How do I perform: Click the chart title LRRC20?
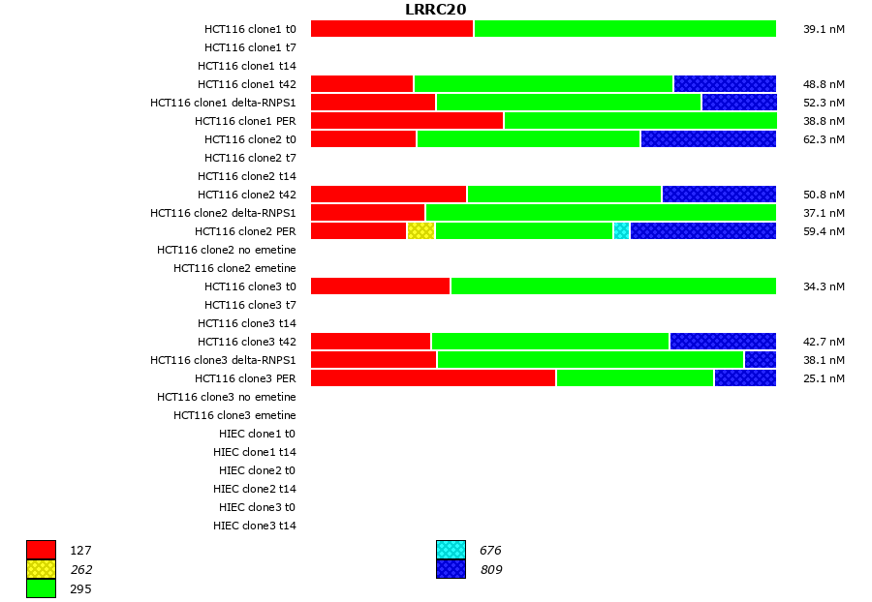[435, 10]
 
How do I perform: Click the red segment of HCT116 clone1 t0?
[391, 29]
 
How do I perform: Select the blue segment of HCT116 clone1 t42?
[725, 84]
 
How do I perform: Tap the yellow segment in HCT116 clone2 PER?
[420, 231]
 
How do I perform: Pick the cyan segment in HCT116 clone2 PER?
[621, 231]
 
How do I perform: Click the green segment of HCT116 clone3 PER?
[635, 378]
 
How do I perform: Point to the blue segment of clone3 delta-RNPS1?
[760, 360]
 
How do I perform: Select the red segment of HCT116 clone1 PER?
[407, 121]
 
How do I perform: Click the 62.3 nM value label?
[824, 139]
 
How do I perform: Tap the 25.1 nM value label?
[824, 378]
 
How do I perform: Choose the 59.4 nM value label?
[824, 231]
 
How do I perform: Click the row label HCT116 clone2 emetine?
[234, 268]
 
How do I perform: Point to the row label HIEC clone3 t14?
[255, 526]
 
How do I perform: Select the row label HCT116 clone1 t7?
[250, 47]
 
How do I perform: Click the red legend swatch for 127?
[41, 551]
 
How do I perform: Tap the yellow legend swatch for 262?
[41, 569]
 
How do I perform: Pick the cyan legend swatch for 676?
[451, 551]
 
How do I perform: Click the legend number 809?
[490, 570]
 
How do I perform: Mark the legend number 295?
[80, 588]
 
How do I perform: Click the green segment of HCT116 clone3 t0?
[613, 286]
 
